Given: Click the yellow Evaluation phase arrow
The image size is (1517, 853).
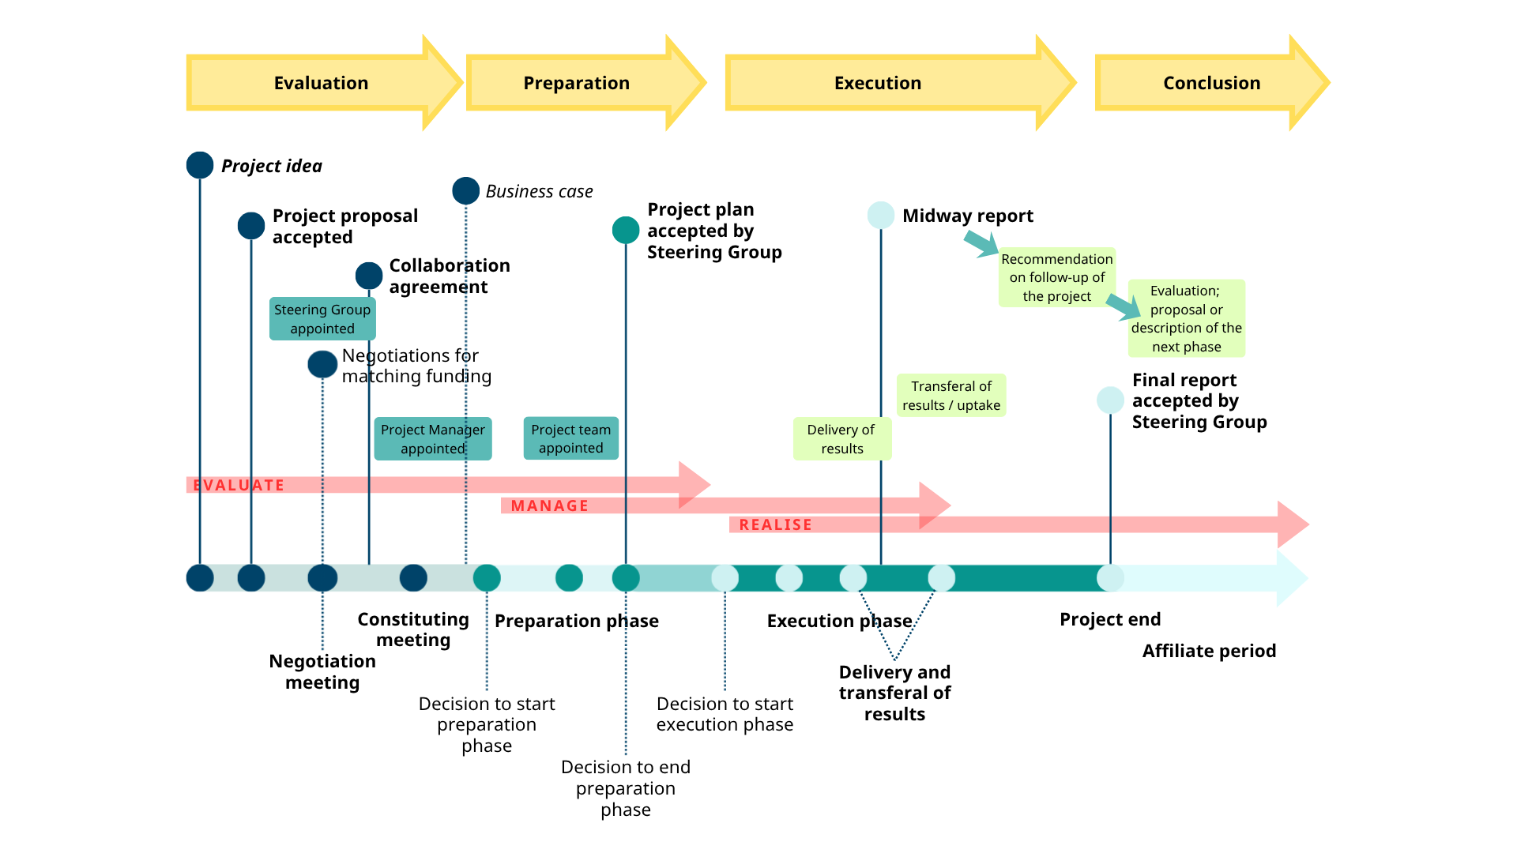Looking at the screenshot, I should click(321, 83).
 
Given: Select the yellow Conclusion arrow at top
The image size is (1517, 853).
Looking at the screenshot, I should click(1211, 83).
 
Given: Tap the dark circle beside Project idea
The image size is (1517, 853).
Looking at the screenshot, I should click(200, 165).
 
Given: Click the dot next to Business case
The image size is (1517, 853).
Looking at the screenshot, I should click(465, 190).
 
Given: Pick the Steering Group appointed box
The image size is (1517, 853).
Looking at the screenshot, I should click(322, 319).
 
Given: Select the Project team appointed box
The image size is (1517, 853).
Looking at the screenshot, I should click(570, 438).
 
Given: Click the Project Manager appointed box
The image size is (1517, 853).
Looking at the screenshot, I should click(432, 439).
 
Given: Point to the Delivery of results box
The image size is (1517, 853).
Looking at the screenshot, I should click(841, 439).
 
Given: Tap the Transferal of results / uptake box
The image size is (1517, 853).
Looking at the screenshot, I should click(950, 396).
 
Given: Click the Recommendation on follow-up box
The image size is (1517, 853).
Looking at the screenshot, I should click(1056, 277).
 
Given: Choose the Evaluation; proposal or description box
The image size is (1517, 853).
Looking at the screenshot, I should click(1186, 318).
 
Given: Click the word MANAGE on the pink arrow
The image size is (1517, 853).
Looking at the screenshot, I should click(549, 505).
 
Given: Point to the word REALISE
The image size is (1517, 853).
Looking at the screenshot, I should click(775, 524).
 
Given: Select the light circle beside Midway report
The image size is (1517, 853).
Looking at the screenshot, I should click(880, 215).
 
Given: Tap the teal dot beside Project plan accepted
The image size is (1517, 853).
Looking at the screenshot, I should click(625, 230).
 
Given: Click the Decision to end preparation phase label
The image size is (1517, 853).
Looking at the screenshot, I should click(625, 787).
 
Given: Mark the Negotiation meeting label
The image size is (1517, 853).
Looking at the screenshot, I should click(322, 671).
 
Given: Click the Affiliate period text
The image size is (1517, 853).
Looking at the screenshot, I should click(1209, 651).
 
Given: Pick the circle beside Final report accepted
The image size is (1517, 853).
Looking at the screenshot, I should click(1110, 400).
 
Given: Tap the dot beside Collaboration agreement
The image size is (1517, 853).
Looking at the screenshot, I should click(369, 276).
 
